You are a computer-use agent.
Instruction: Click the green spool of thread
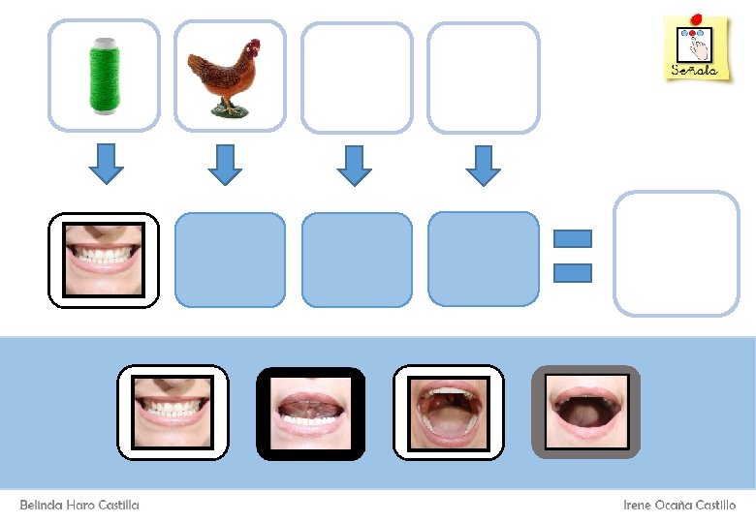click(x=103, y=76)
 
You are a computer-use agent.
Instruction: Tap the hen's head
click(x=252, y=47)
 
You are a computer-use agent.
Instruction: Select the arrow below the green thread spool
click(x=107, y=164)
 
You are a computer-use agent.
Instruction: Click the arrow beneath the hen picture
click(x=225, y=165)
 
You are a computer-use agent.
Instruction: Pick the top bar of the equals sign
click(x=572, y=238)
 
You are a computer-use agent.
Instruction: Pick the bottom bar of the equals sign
click(x=572, y=273)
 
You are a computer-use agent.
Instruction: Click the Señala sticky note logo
click(x=696, y=47)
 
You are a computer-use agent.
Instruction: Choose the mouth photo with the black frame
click(x=310, y=413)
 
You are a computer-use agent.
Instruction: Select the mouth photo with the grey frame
click(x=585, y=412)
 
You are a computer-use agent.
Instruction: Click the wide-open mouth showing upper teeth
click(x=448, y=413)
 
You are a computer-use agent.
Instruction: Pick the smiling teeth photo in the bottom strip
click(x=173, y=412)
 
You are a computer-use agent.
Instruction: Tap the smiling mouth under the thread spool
click(x=104, y=260)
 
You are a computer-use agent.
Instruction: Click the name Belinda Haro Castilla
click(x=79, y=506)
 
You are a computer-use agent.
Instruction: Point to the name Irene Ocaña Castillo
click(x=679, y=506)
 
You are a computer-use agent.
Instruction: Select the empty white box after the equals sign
click(x=676, y=254)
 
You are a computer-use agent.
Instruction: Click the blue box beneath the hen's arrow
click(x=230, y=259)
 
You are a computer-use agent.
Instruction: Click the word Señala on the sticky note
click(x=695, y=70)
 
